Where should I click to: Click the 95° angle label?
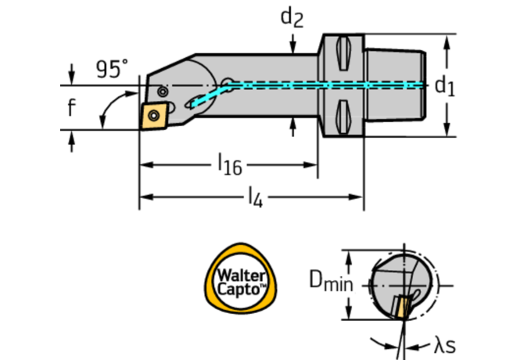tap(113, 69)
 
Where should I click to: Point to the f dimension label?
tap(71, 108)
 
